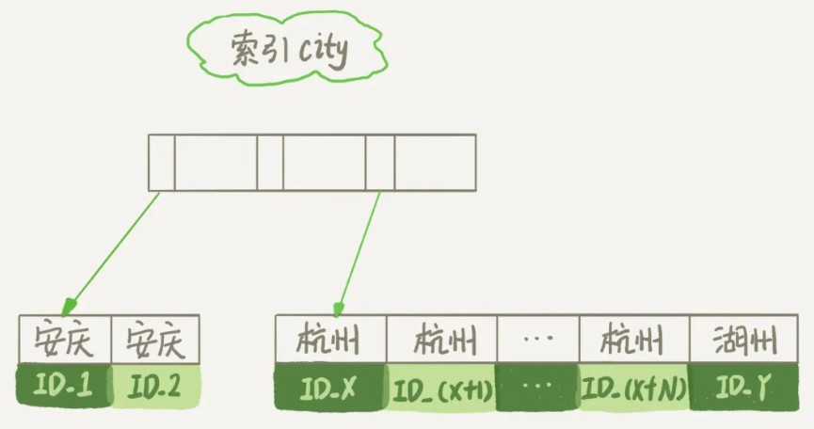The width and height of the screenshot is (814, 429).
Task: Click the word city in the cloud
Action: [x=323, y=53]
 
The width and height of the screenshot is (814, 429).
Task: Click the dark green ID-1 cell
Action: [x=64, y=385]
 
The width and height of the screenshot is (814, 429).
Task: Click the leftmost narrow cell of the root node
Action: [x=161, y=163]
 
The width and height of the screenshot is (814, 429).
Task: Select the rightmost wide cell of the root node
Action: [x=435, y=163]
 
